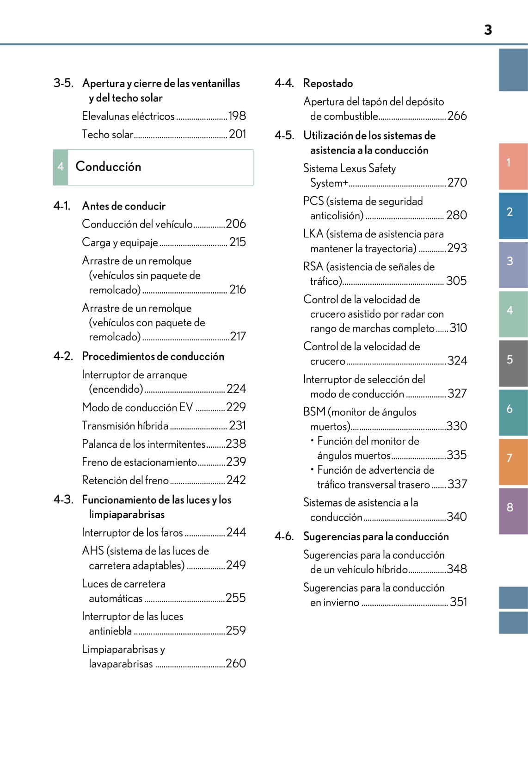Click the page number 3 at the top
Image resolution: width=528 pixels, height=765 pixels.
[488, 30]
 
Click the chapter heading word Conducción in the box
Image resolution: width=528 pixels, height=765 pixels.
[108, 167]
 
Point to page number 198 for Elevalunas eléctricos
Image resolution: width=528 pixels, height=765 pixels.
[237, 116]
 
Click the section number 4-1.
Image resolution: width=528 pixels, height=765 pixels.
[62, 206]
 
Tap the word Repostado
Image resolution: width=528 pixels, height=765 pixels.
[328, 83]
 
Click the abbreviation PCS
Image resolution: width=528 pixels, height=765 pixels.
[313, 201]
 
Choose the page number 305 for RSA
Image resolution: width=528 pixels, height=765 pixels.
[456, 281]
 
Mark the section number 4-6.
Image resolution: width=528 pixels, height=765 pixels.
[284, 537]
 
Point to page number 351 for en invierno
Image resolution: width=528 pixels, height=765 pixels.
[458, 602]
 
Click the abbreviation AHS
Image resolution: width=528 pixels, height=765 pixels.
[92, 551]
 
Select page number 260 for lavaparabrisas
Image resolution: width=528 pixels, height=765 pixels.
[236, 663]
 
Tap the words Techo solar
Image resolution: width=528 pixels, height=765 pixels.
[107, 135]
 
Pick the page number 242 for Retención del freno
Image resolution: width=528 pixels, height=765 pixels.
[236, 480]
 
